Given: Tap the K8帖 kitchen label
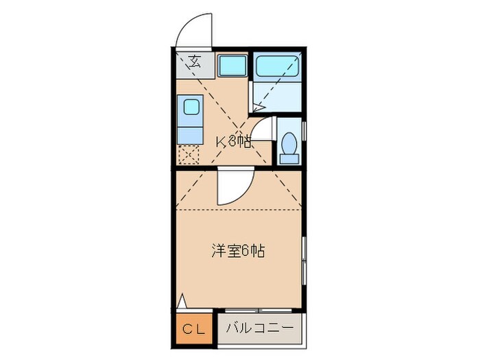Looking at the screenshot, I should pos(233,143).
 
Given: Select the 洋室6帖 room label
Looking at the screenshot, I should pos(237,250).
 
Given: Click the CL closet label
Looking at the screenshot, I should pos(193,329).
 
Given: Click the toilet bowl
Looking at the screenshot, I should pos(289,146).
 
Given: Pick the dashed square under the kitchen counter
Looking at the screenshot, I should pos(189,154).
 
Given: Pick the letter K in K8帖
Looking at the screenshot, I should pos(221,143).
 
